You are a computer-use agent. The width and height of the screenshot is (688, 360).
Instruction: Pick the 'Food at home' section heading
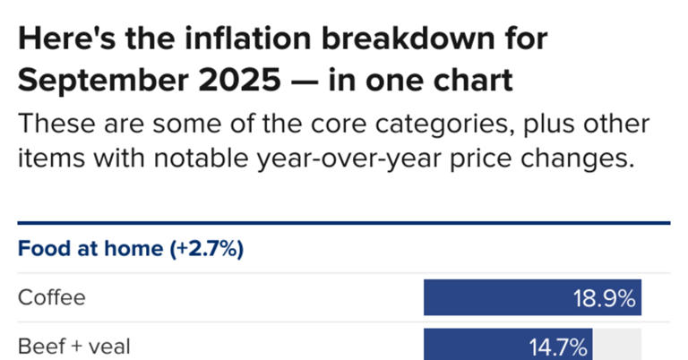click(90, 249)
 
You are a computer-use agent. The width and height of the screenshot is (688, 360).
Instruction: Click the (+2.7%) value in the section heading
click(207, 249)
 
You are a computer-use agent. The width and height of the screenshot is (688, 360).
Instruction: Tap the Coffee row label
click(52, 297)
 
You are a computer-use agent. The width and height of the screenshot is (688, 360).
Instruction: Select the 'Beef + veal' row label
click(73, 346)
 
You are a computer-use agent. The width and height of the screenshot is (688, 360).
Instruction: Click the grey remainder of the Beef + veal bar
click(617, 346)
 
